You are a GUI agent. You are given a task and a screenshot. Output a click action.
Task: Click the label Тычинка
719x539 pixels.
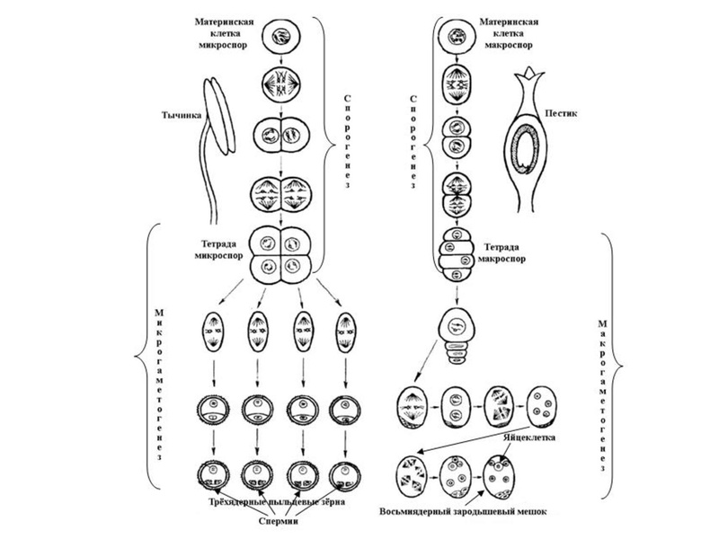(181, 115)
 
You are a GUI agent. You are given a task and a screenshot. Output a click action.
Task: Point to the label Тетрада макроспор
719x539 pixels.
(514, 252)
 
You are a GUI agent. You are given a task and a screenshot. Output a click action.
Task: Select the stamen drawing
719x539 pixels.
(216, 135)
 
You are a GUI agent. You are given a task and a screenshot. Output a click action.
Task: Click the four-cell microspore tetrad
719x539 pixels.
(280, 254)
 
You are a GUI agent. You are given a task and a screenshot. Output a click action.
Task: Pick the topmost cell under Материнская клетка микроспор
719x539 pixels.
(280, 40)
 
